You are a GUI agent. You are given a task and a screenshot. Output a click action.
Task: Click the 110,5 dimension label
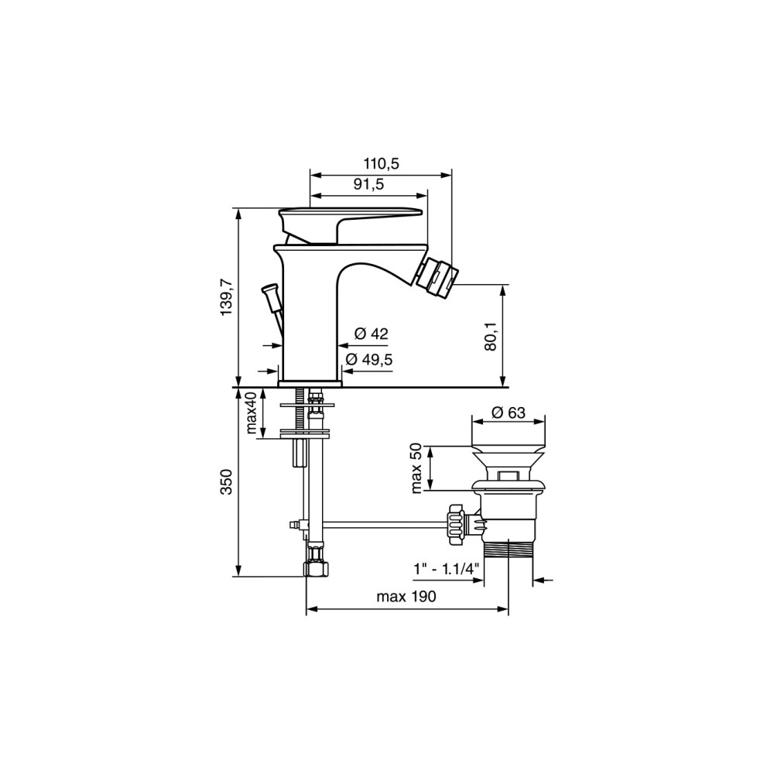point(381,163)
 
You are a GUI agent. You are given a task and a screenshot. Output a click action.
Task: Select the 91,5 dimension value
point(368,184)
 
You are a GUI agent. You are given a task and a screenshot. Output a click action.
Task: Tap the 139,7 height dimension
point(227,297)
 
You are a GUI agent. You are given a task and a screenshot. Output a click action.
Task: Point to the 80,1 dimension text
point(490,337)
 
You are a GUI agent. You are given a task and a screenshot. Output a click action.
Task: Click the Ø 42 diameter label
point(372,334)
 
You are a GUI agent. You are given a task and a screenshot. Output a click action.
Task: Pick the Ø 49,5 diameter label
point(368,359)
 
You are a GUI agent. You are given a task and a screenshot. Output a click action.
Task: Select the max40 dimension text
point(252,413)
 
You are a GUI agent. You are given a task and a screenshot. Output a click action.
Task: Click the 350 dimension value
point(226,481)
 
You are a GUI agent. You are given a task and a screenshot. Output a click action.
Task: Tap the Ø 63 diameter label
point(509,413)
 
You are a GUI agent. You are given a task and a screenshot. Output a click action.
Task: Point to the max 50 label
point(416,468)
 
